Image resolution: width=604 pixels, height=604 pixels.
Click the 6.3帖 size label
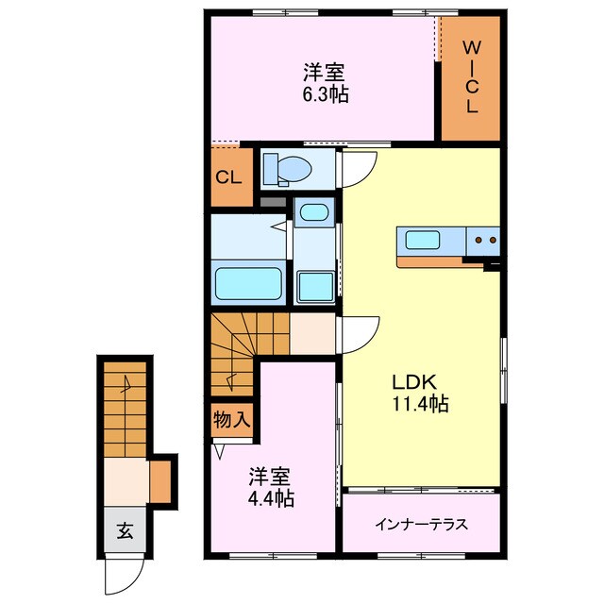[323, 94]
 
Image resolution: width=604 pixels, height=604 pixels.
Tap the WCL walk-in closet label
[471, 77]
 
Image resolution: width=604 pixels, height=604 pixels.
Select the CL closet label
[229, 177]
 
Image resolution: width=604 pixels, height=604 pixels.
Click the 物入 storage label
[231, 418]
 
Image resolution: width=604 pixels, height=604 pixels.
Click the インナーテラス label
[421, 525]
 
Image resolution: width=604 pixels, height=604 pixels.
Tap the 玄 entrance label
[124, 530]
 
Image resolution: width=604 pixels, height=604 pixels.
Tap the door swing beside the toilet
[360, 167]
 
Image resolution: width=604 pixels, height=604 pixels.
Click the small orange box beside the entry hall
[161, 479]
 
